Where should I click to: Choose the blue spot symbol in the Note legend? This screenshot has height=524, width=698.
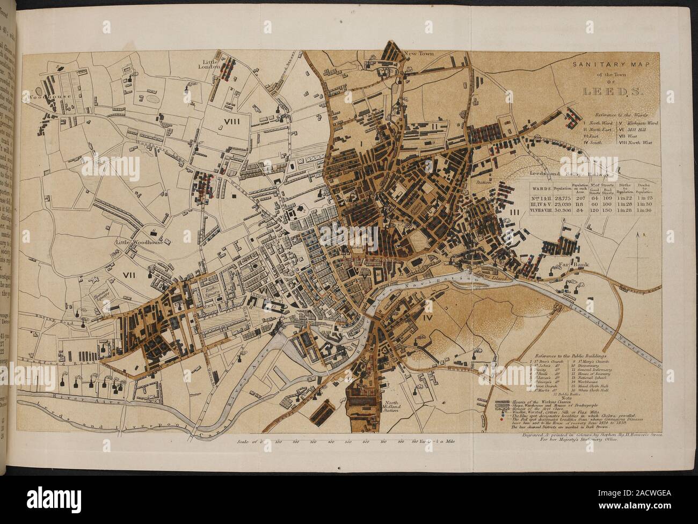501,416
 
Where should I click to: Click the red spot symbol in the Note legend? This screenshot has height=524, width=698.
501,421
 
